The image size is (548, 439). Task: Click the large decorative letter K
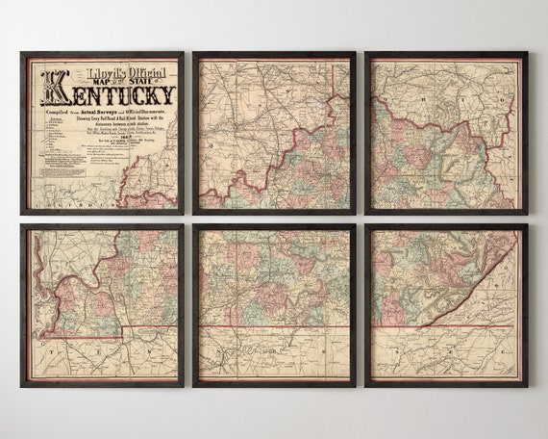tap(54, 89)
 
